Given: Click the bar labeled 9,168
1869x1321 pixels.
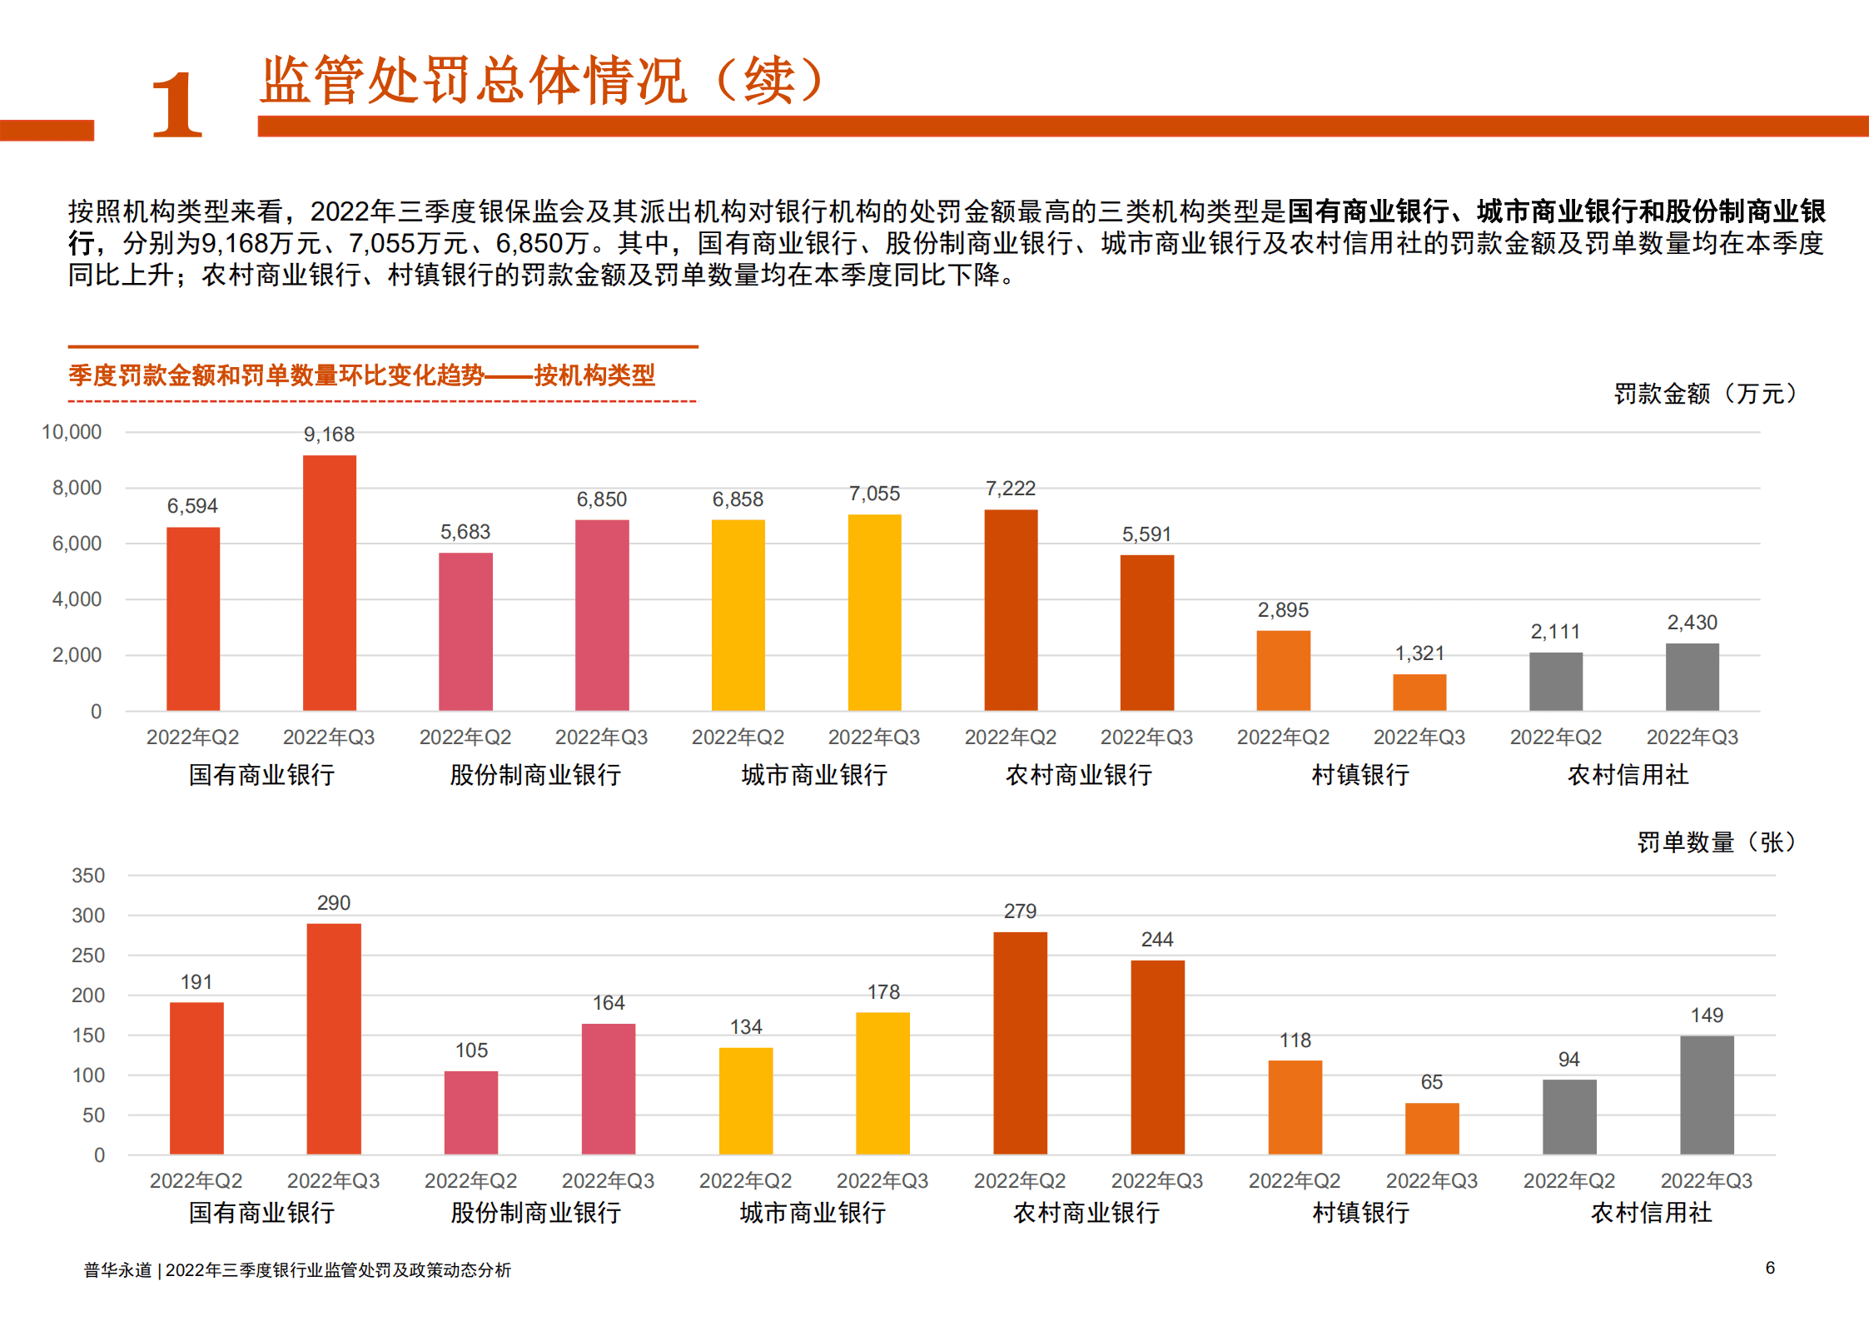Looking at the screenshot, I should tap(329, 583).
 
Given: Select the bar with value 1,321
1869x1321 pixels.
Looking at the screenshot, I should tap(1419, 692).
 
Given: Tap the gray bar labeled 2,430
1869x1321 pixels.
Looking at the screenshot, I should tap(1691, 677).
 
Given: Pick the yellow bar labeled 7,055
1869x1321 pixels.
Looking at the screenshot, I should tap(874, 613).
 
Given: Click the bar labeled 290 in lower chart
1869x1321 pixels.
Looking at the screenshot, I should tap(333, 1038).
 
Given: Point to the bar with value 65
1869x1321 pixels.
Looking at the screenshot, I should tap(1431, 1128).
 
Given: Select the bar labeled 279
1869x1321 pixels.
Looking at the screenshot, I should tap(1020, 1042).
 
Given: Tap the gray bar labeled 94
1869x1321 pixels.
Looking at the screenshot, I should tap(1568, 1116).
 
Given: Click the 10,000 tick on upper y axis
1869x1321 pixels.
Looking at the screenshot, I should tap(72, 432).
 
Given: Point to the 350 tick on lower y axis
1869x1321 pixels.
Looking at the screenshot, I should tap(88, 876).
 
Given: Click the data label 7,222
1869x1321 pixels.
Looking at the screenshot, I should tap(1010, 489).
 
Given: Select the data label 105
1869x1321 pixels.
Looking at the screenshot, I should tap(471, 1050).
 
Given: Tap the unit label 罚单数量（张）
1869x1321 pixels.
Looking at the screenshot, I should tap(1716, 842).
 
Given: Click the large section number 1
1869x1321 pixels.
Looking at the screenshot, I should tap(176, 106).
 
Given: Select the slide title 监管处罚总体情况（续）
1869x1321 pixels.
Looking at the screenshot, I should tap(542, 81).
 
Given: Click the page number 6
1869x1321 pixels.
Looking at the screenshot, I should tap(1769, 1268).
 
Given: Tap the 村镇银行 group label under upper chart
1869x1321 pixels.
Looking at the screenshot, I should tap(1360, 775).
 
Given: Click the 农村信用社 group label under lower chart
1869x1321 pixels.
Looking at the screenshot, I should tap(1651, 1213).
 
